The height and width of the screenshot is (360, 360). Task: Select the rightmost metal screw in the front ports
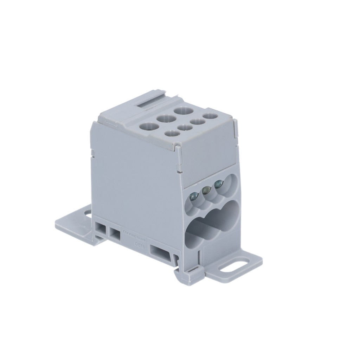pos(218,184)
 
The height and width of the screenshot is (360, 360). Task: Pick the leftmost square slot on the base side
pos(101,229)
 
